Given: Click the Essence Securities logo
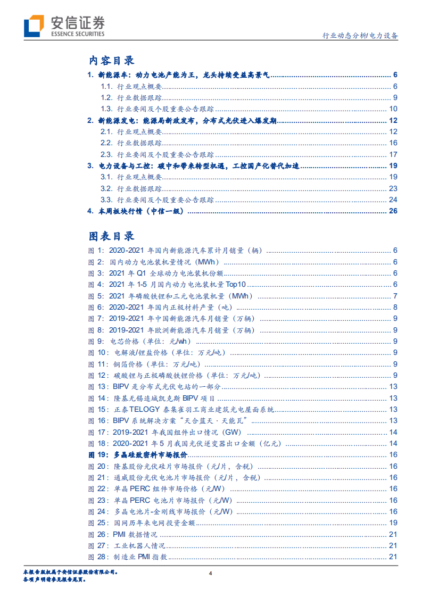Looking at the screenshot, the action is (x=64, y=25).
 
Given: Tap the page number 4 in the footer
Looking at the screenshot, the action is (x=211, y=573).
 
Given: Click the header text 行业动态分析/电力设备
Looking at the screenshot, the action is (x=360, y=36).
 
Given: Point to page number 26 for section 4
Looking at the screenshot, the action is (x=393, y=211).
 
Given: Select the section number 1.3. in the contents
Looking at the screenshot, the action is (x=106, y=109).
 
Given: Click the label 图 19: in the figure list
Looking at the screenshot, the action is (x=97, y=454).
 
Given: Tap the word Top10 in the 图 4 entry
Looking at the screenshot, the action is (x=234, y=285).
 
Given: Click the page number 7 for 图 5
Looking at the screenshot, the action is (x=395, y=296).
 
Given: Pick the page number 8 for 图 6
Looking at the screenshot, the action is (x=395, y=307).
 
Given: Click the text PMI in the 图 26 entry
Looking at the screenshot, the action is (x=120, y=534).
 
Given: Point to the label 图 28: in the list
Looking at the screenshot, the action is (x=97, y=557).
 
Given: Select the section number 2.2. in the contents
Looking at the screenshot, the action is (x=106, y=143).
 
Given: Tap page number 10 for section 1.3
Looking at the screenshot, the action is (x=393, y=109).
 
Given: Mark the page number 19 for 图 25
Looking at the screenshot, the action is (x=393, y=523).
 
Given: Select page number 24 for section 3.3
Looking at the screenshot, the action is (x=393, y=200).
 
